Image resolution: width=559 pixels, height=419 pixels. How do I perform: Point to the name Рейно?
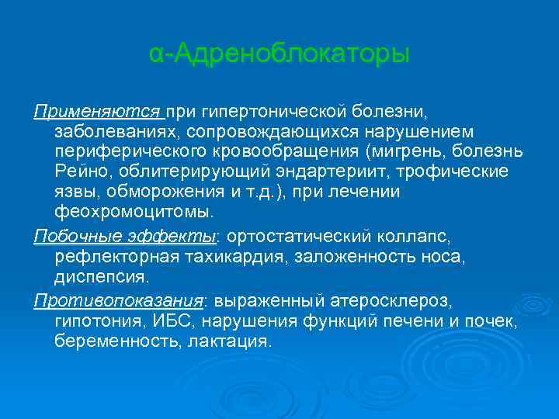(78, 170)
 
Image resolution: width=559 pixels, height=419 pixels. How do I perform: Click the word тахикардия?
(236, 256)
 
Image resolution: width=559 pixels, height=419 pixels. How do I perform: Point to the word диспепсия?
(100, 276)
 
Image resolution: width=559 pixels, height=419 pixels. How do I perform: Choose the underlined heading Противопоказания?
(117, 300)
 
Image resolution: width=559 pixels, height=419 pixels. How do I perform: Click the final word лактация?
(229, 341)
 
